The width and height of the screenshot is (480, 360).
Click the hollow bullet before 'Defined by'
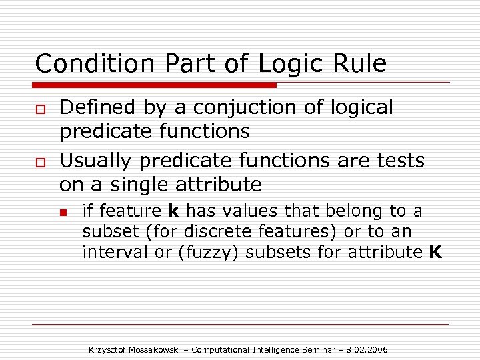pyautogui.click(x=39, y=109)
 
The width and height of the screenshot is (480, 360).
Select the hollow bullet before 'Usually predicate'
pyautogui.click(x=39, y=162)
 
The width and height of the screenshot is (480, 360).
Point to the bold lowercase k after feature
pyautogui.click(x=173, y=211)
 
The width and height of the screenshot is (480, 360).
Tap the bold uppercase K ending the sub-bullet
pyautogui.click(x=435, y=253)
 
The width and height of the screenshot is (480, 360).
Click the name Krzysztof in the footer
pyautogui.click(x=108, y=350)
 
